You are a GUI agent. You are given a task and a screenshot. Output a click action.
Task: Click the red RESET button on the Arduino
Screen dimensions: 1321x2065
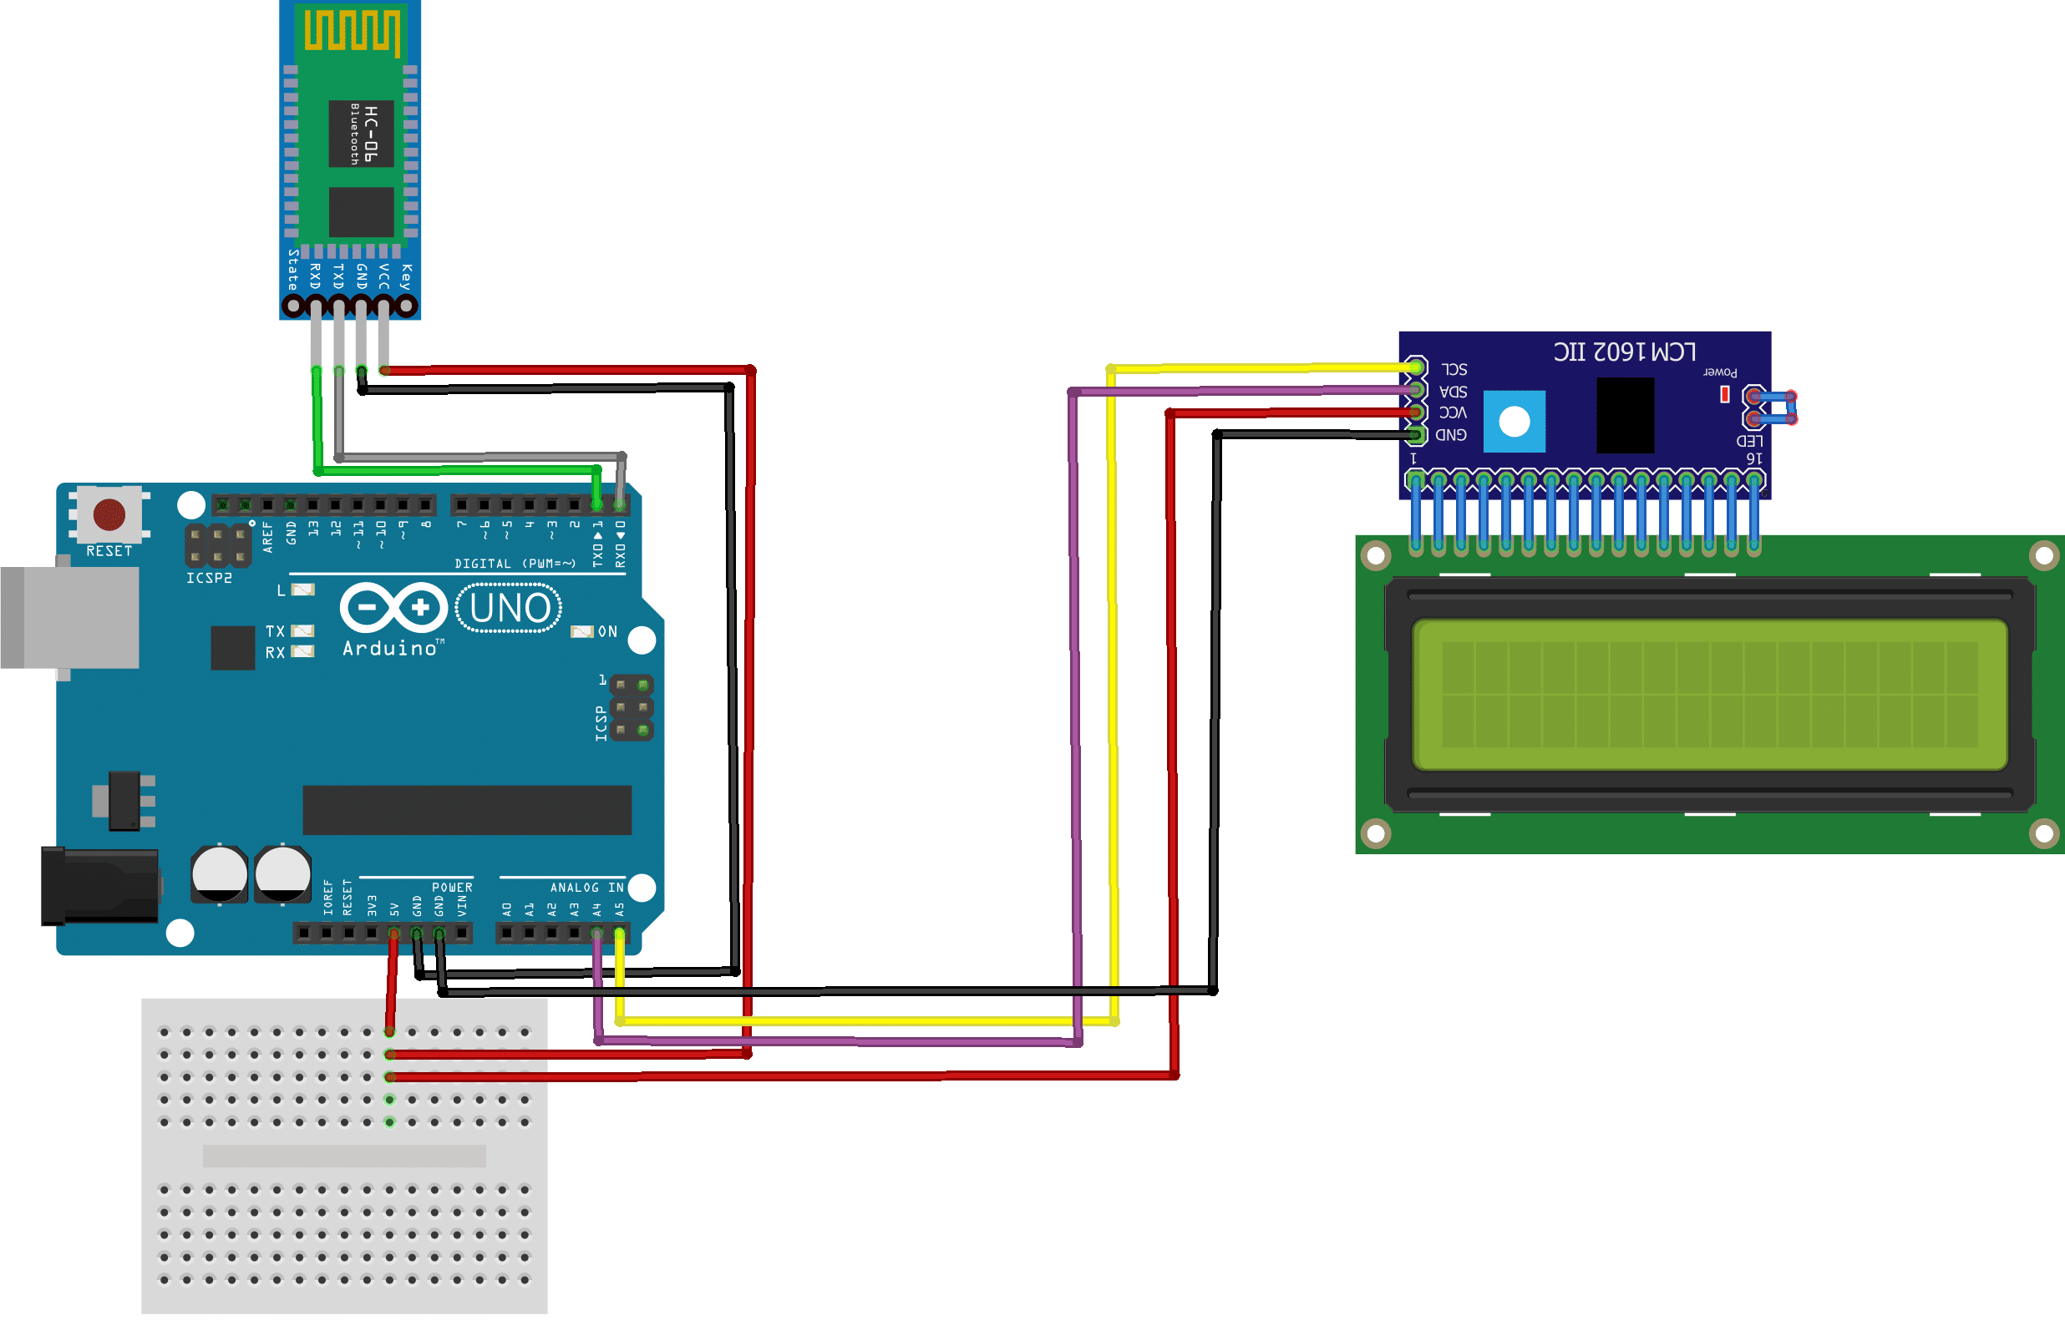[109, 514]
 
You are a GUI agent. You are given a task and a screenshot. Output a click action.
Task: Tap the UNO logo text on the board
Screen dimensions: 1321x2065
[510, 608]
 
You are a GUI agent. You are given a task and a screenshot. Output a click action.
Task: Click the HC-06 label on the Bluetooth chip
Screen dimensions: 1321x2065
[370, 134]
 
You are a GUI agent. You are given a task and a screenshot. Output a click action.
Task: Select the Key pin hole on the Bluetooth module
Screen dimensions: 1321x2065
[407, 306]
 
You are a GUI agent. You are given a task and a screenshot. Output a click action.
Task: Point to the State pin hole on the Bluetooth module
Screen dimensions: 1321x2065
[292, 306]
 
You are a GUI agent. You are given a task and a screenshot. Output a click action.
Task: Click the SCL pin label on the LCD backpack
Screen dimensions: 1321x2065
[1454, 370]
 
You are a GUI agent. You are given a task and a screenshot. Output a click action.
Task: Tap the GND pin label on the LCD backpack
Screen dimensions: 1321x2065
[1451, 435]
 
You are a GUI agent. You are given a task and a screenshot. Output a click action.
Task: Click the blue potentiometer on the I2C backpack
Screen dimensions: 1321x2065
[1515, 421]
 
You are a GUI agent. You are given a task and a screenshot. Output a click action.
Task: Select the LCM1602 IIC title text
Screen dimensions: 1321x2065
[1624, 352]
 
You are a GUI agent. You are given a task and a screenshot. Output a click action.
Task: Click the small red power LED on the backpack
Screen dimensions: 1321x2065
[1724, 394]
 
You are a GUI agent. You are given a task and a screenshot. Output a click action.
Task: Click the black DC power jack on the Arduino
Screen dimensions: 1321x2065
[99, 886]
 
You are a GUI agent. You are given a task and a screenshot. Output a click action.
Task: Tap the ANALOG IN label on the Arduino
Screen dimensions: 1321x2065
[586, 888]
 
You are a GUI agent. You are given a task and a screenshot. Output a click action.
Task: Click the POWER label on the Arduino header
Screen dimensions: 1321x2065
[452, 888]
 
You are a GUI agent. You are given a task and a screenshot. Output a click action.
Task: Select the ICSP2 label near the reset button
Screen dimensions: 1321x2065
[210, 578]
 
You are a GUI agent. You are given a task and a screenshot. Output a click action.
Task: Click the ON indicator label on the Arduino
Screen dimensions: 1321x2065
[607, 631]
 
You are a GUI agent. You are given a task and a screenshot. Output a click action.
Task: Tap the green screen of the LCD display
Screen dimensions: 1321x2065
[1710, 694]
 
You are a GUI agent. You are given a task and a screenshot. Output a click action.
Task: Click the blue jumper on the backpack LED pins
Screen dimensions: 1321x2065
[1773, 408]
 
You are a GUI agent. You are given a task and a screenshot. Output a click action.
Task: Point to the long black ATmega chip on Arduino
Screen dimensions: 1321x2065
[467, 810]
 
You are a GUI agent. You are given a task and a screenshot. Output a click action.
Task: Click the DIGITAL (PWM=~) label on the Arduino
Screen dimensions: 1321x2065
[515, 564]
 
